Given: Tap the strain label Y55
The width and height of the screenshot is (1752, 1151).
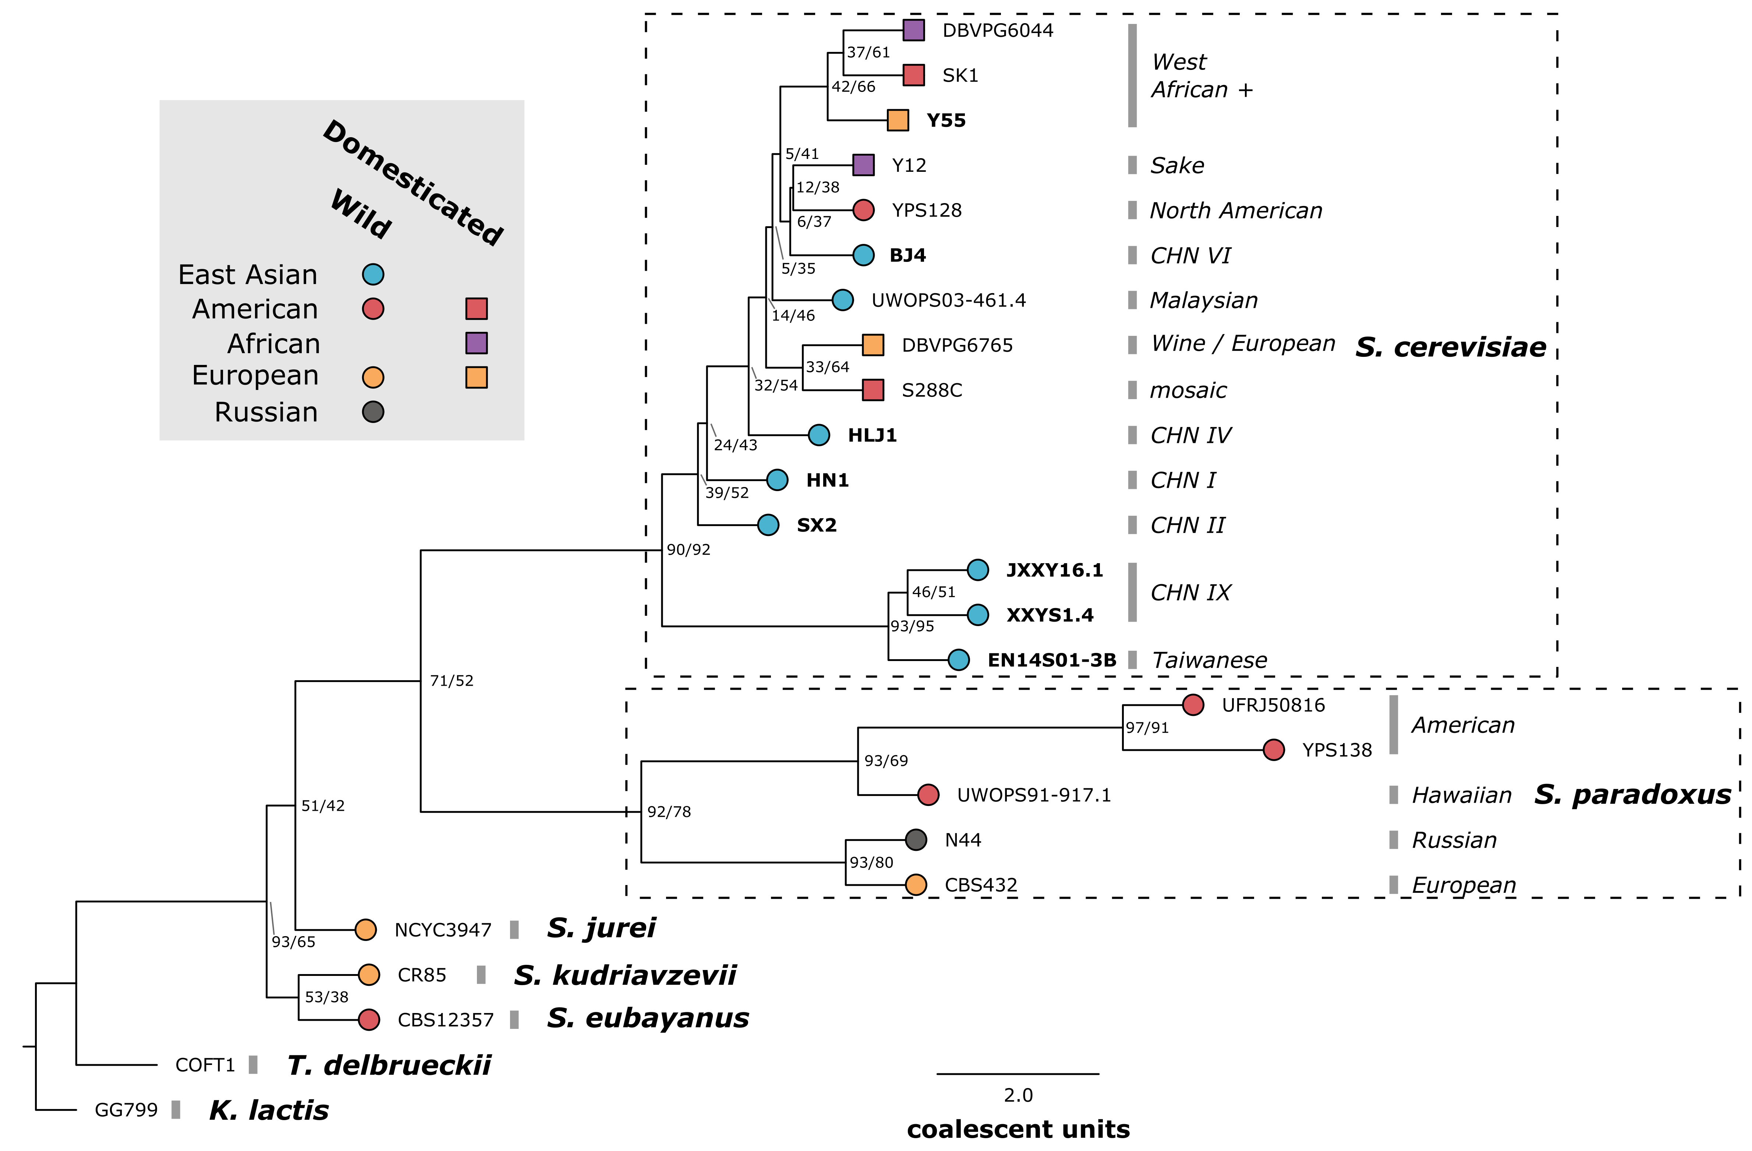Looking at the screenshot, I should pyautogui.click(x=946, y=121).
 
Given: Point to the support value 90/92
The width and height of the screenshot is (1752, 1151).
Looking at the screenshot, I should pyautogui.click(x=688, y=550).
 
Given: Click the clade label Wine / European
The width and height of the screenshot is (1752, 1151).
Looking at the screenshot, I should pyautogui.click(x=1243, y=344).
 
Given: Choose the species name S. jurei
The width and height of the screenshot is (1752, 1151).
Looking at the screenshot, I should pyautogui.click(x=601, y=928).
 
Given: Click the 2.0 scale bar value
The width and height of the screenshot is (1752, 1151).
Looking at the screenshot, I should pyautogui.click(x=1018, y=1095).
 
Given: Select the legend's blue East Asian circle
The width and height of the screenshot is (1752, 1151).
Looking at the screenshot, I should pyautogui.click(x=373, y=274).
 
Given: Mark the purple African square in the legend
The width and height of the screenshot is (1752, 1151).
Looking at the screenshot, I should pyautogui.click(x=476, y=343).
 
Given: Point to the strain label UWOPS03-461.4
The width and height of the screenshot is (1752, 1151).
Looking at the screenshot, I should pyautogui.click(x=948, y=300).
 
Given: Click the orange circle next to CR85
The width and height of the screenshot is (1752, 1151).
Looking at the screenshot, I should pyautogui.click(x=369, y=974).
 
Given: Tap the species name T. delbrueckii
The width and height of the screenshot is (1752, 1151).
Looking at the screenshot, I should pyautogui.click(x=389, y=1065).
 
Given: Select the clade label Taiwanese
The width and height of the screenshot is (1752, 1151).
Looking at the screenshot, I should pyautogui.click(x=1210, y=660).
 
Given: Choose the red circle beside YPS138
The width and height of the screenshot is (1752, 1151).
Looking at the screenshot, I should pyautogui.click(x=1274, y=750).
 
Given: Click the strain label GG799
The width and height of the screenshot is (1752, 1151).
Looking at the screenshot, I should pyautogui.click(x=126, y=1110).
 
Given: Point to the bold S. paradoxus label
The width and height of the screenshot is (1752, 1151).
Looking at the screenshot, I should pyautogui.click(x=1632, y=795).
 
